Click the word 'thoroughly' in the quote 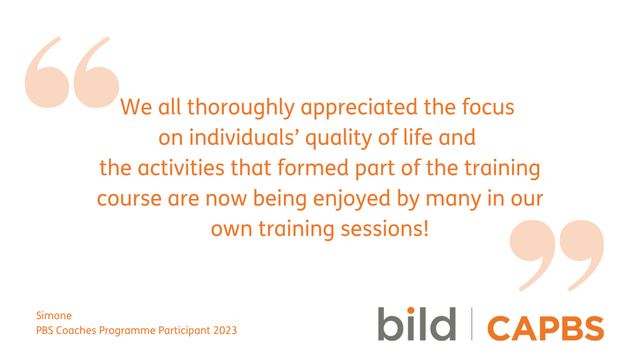tap(241, 107)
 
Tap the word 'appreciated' tap(359, 107)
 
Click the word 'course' tap(129, 199)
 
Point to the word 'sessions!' tap(385, 229)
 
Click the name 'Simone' tap(54, 315)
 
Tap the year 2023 tap(225, 330)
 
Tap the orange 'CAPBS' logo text tap(545, 328)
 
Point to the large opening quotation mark tap(72, 73)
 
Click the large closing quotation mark tap(557, 254)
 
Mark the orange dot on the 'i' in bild tap(411, 310)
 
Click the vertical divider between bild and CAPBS tap(472, 324)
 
